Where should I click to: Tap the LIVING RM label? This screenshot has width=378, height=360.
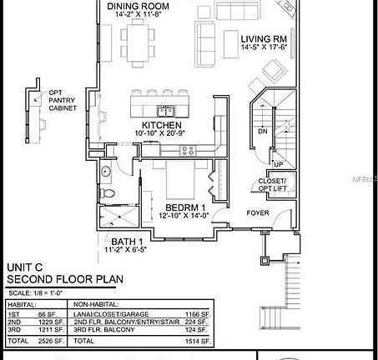coord(264,39)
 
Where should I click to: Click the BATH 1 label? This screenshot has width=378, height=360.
coord(124,240)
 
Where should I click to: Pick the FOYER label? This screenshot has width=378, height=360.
coord(257,212)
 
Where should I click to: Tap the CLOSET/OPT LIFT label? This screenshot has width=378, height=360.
coord(272,185)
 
